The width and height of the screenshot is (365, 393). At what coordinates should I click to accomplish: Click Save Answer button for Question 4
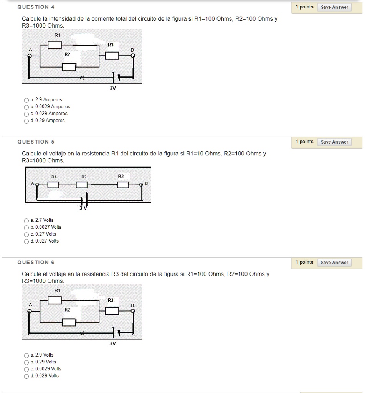334,7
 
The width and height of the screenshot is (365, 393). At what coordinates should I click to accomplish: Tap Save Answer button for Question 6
334,263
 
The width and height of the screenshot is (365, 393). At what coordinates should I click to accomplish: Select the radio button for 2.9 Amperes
26,100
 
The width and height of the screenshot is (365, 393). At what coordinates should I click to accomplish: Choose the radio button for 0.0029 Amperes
26,107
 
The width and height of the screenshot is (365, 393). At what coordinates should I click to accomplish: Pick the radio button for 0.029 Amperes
26,114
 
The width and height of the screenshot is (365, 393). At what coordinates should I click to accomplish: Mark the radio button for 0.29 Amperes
26,121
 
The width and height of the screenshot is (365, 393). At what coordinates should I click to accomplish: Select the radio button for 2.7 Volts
26,221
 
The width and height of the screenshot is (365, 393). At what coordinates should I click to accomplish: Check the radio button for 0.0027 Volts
26,228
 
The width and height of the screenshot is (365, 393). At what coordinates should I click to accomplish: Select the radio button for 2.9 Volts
26,355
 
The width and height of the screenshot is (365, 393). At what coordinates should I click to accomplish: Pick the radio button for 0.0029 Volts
26,369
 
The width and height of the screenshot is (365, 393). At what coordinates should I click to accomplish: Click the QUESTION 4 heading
36,7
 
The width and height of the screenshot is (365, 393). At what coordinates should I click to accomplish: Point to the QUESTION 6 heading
36,263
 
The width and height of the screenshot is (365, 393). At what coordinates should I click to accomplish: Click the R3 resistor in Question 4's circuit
112,56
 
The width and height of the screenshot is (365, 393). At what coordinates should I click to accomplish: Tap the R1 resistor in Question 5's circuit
53,185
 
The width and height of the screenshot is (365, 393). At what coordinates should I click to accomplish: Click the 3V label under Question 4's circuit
112,88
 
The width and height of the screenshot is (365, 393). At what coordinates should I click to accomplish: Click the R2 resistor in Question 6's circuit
69,322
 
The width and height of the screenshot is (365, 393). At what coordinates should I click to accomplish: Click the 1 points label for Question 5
304,142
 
